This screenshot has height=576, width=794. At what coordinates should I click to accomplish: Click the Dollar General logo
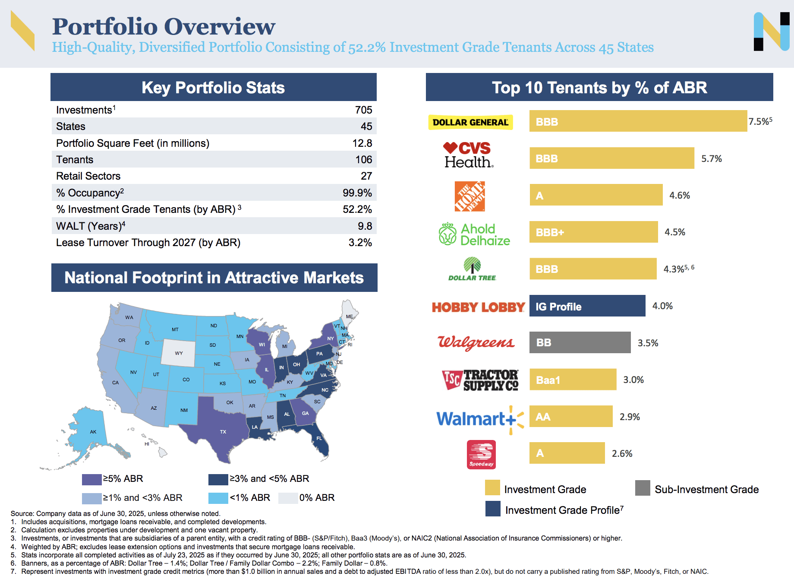[470, 122]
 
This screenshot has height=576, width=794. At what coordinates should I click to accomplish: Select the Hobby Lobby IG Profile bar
[587, 306]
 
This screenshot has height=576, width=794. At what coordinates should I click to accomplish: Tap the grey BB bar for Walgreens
[580, 343]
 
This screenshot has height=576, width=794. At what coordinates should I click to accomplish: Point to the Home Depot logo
[469, 196]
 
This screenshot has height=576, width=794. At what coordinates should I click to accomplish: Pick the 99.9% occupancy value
[357, 193]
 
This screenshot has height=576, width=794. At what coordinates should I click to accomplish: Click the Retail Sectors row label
[88, 176]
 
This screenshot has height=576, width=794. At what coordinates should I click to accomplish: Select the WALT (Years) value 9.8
[365, 226]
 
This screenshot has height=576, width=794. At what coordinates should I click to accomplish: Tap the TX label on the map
[223, 432]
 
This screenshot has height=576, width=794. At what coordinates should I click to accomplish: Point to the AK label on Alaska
[93, 432]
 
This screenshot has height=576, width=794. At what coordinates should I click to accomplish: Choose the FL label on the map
[319, 438]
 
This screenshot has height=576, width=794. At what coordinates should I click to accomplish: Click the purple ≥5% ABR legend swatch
[91, 479]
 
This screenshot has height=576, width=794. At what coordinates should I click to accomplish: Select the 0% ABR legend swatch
[288, 498]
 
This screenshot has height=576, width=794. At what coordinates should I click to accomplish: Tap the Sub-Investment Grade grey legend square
[642, 488]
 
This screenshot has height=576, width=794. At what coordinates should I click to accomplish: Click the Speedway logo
[481, 454]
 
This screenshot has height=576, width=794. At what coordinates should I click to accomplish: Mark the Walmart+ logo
[479, 418]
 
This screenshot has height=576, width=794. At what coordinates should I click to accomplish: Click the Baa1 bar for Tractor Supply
[573, 380]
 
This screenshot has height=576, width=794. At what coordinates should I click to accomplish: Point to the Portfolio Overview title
[164, 26]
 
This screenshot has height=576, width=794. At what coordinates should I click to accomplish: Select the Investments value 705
[363, 110]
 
